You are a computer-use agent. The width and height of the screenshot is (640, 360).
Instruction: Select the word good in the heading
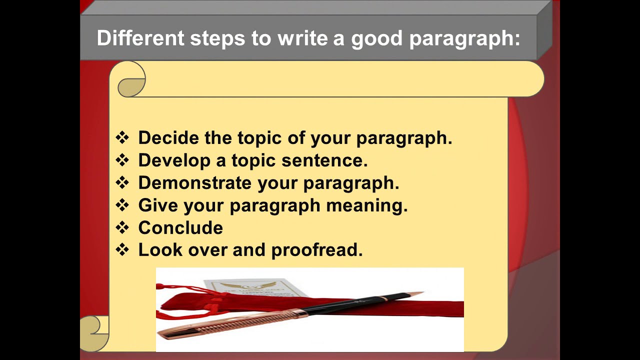[376, 38]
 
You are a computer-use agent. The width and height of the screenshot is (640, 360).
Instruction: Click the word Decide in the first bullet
[167, 137]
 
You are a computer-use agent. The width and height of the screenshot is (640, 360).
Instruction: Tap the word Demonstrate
[194, 182]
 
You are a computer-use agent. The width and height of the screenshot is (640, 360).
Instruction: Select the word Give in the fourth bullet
[156, 205]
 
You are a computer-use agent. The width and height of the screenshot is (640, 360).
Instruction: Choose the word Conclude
[180, 227]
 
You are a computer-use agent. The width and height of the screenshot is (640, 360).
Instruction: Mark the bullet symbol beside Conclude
[122, 227]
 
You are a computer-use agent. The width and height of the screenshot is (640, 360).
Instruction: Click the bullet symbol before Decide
[122, 137]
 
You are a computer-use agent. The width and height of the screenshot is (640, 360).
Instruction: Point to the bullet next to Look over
[122, 249]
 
